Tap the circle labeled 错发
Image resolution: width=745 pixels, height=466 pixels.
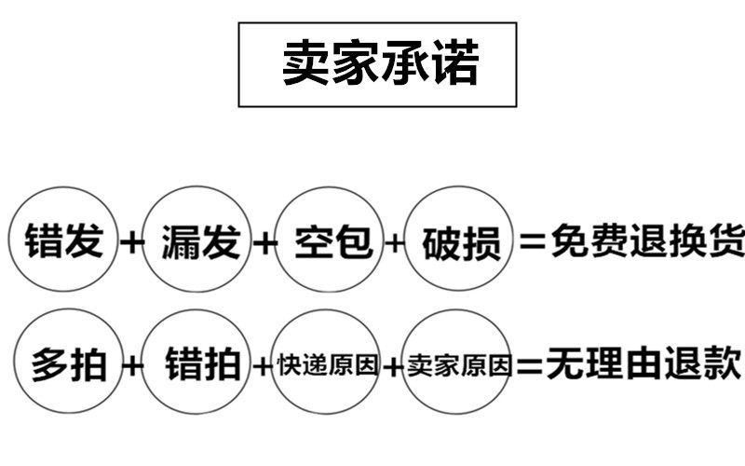pos(62,240)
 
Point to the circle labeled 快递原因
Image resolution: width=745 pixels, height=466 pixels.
pos(328,363)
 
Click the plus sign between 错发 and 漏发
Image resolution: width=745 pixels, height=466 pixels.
pos(133,242)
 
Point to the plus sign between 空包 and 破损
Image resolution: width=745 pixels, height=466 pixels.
pos(396,243)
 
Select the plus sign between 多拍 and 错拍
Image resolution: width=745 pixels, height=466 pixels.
pos(133,364)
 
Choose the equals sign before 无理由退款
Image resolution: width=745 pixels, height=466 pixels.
pos(529,364)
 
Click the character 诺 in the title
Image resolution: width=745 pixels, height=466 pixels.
pos(454,63)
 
